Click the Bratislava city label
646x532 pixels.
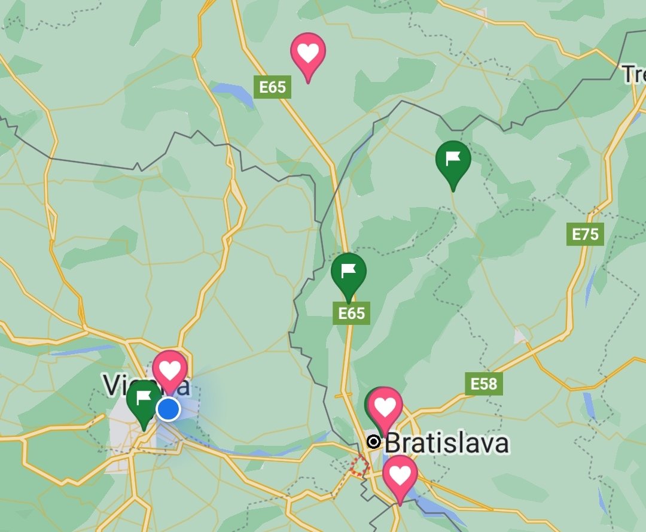446,443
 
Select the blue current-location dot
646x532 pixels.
168,409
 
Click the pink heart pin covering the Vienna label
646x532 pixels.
170,369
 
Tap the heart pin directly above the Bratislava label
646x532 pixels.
385,408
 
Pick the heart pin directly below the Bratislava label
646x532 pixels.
400,475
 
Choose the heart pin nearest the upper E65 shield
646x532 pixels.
308,53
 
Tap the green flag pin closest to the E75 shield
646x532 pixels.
453,160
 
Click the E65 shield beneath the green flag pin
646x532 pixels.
351,313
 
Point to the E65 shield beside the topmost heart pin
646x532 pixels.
273,87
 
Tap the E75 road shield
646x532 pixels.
585,234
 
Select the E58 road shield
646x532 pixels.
484,384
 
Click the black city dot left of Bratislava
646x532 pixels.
374,442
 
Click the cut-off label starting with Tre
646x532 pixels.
633,75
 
